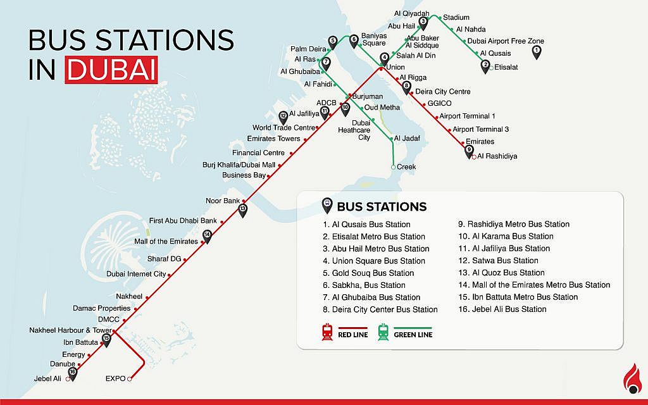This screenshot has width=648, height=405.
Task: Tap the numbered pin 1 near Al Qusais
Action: click(x=537, y=51)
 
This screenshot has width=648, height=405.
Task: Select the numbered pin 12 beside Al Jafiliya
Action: click(x=283, y=116)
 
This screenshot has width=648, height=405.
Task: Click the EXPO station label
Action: click(x=115, y=379)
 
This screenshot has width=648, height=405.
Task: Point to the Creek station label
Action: click(x=406, y=166)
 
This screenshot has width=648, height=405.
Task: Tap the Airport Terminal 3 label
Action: click(x=481, y=129)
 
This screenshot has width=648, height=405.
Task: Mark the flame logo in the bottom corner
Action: click(x=631, y=379)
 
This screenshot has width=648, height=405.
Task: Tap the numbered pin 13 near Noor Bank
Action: click(x=242, y=209)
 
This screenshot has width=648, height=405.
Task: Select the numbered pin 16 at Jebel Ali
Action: click(x=72, y=373)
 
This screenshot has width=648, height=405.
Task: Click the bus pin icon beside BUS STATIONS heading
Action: click(x=327, y=205)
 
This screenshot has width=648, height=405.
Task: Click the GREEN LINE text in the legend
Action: click(x=413, y=334)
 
